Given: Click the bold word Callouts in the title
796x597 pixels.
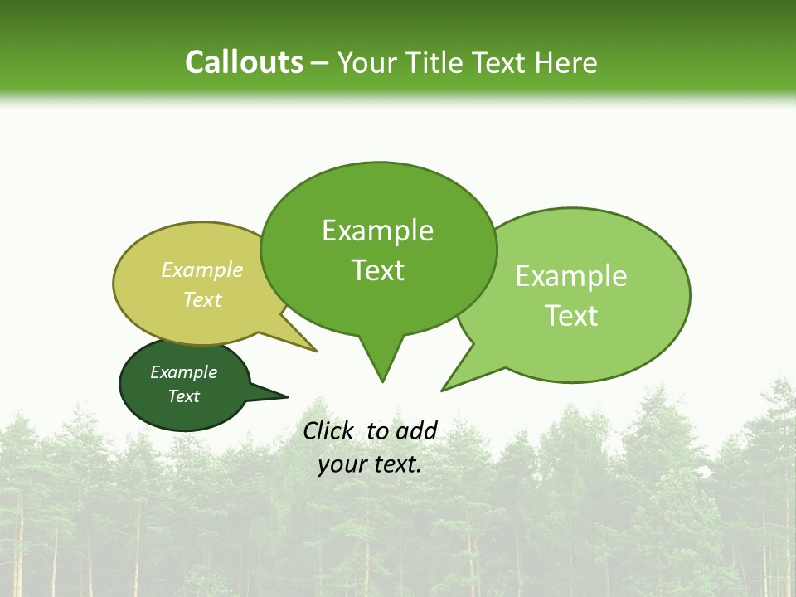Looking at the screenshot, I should (244, 63).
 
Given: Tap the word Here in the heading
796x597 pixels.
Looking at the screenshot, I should (567, 63).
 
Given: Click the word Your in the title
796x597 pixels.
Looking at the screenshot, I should (366, 63).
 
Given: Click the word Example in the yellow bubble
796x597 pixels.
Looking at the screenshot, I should (202, 270).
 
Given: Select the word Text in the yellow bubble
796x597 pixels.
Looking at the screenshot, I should (202, 299).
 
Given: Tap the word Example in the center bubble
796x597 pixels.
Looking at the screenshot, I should (377, 231).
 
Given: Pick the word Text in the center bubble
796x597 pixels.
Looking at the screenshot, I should (377, 270).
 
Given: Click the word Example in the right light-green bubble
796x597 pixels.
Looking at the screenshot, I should (571, 276).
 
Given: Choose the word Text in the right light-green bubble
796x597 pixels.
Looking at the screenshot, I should (571, 316).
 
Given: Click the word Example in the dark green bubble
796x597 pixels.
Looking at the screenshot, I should (183, 372).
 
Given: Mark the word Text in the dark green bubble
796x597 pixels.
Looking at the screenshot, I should (183, 396).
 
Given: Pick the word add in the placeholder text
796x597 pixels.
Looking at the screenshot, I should (416, 430).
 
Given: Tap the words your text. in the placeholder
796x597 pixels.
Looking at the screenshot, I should (370, 464).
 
